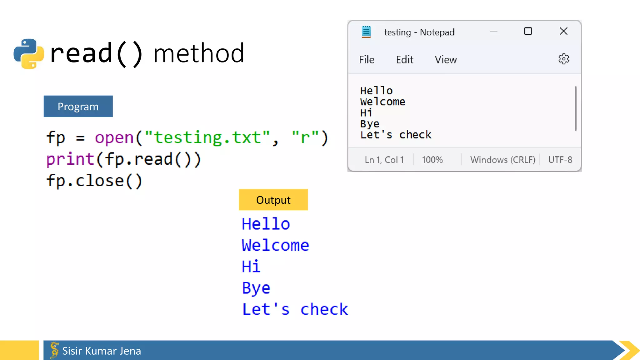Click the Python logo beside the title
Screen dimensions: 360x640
tap(29, 54)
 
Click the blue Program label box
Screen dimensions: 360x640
tap(78, 106)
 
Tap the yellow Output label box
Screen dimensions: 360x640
tap(273, 200)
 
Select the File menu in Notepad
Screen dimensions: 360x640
tap(367, 60)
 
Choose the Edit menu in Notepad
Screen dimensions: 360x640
tap(404, 60)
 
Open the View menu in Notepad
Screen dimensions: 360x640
tap(446, 60)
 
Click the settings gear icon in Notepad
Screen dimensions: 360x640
tap(564, 59)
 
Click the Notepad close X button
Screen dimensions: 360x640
tap(563, 31)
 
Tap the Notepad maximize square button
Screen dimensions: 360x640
tap(528, 31)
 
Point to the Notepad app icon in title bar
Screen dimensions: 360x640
tap(366, 32)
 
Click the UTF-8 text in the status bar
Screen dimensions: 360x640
tap(560, 160)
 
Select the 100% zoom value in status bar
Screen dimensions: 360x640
tap(432, 160)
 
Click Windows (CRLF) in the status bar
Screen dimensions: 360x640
tap(502, 160)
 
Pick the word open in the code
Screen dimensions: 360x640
tap(114, 138)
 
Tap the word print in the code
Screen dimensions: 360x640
tap(70, 159)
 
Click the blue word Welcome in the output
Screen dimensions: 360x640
tap(275, 245)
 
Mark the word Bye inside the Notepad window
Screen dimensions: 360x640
tap(370, 124)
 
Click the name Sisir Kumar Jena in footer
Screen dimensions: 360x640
tap(102, 351)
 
